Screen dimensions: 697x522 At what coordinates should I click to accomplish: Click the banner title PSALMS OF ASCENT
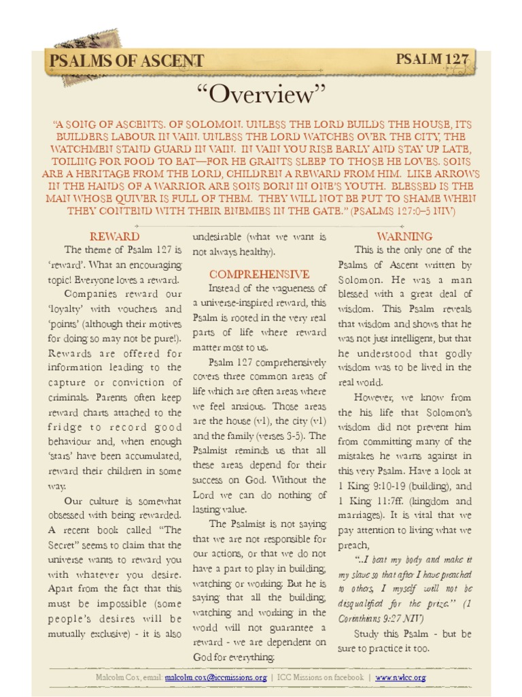126,61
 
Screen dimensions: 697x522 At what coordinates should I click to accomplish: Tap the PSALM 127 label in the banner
432,59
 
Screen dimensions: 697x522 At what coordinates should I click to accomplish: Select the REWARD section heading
115,236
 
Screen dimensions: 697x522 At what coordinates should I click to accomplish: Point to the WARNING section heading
404,236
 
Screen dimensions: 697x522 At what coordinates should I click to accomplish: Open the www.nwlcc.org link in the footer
400,678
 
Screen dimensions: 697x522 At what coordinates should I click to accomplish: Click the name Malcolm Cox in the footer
118,678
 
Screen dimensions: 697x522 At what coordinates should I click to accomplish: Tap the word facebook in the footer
345,678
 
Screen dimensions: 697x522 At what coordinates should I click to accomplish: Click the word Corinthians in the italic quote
366,618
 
